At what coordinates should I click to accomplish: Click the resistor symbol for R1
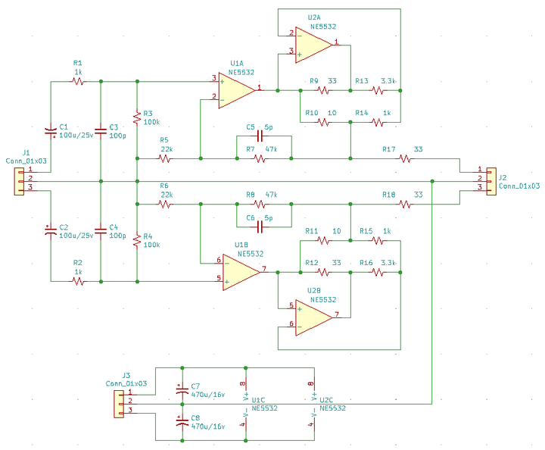[x=78, y=81]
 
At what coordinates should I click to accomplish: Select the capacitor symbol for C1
[x=51, y=132]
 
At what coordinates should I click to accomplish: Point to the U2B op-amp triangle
[x=314, y=317]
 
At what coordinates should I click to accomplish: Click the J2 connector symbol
[x=491, y=181]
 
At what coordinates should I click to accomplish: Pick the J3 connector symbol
[x=119, y=404]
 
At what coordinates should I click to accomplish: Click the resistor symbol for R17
[x=405, y=158]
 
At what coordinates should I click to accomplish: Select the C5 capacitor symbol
[x=260, y=136]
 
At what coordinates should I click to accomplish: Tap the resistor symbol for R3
[x=137, y=117]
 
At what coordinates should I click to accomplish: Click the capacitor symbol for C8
[x=182, y=422]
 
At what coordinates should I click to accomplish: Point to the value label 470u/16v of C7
[x=208, y=395]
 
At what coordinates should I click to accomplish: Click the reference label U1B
[x=241, y=245]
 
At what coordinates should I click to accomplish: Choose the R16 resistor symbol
[x=378, y=272]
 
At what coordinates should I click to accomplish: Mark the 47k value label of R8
[x=271, y=195]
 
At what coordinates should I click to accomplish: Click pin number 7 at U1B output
[x=264, y=268]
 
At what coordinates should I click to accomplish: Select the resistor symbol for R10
[x=323, y=122]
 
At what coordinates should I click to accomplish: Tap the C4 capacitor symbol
[x=101, y=231]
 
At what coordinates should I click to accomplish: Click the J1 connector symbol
[x=19, y=181]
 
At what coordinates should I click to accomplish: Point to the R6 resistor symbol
[x=164, y=204]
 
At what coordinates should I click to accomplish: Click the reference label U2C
[x=326, y=400]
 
